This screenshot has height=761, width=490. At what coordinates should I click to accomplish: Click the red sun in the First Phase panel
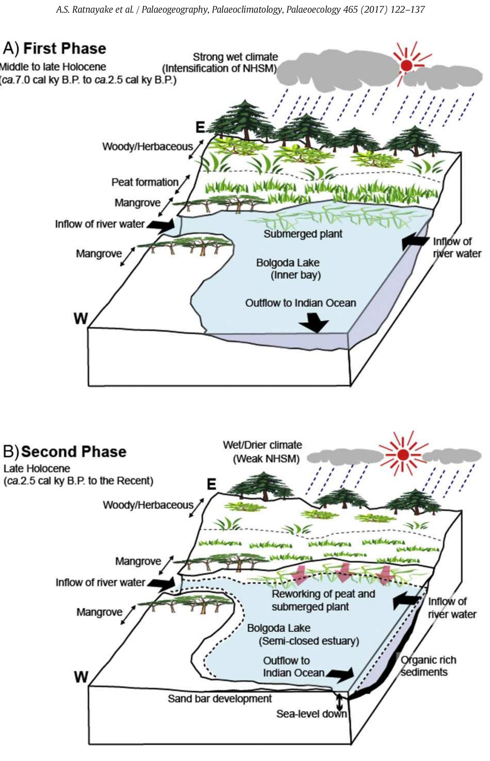tap(406, 65)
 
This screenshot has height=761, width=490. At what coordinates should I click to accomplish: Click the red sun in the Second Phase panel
tap(403, 455)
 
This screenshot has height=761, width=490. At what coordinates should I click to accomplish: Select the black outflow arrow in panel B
tap(341, 675)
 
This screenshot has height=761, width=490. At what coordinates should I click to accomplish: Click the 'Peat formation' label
tap(145, 182)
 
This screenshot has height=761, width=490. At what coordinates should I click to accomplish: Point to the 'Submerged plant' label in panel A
tap(303, 234)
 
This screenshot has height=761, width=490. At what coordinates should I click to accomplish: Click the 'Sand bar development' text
tap(219, 699)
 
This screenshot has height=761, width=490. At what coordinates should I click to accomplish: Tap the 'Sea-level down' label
tap(311, 714)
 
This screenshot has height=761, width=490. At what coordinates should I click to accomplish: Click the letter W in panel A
tap(81, 319)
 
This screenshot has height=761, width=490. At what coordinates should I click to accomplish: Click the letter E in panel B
tap(211, 484)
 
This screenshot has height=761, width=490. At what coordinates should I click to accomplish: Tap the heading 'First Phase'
tap(64, 48)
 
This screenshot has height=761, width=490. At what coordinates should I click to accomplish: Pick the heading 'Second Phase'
tap(74, 452)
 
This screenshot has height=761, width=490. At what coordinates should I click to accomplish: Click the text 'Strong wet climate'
tap(235, 57)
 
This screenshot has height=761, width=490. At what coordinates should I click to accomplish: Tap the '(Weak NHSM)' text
tap(266, 459)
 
